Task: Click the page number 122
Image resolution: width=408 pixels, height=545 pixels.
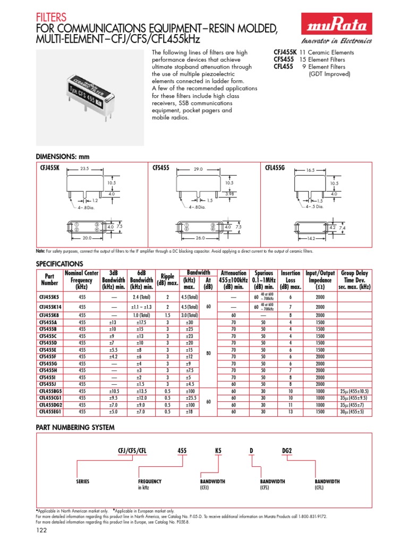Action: (x=41, y=531)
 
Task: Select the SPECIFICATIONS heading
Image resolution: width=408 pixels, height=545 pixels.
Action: (x=59, y=264)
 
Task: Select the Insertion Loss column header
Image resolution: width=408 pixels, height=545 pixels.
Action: (x=290, y=280)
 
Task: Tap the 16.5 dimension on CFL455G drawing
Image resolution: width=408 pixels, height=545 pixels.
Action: (x=310, y=171)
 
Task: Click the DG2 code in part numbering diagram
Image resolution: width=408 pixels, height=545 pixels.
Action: (x=287, y=451)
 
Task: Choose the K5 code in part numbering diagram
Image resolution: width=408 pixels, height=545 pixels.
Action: (x=217, y=451)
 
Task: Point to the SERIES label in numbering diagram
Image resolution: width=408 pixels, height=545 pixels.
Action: (x=83, y=481)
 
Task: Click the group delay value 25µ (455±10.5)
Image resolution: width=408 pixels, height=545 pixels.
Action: (x=355, y=390)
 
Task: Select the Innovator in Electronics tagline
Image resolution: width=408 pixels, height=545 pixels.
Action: (x=337, y=42)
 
